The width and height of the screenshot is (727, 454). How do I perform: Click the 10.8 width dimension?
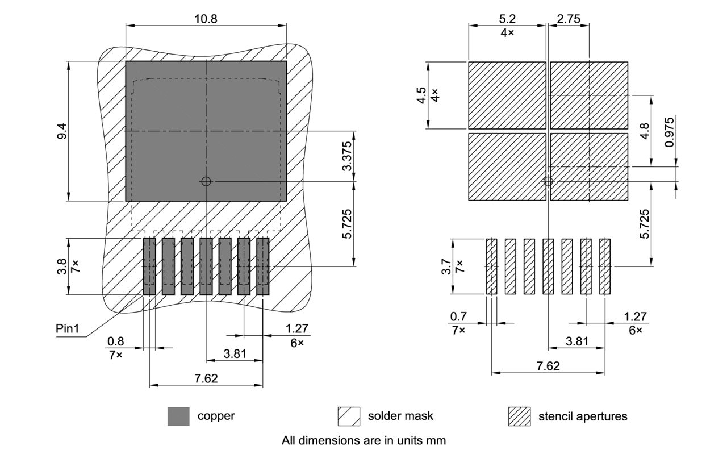click(x=206, y=18)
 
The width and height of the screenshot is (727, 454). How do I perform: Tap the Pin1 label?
click(x=68, y=328)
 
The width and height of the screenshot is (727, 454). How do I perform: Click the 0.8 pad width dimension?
click(x=115, y=341)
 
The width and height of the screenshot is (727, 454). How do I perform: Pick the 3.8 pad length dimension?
click(x=62, y=266)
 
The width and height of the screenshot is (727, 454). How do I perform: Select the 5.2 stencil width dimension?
click(x=507, y=19)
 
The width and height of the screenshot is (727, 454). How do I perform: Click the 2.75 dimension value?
click(x=569, y=19)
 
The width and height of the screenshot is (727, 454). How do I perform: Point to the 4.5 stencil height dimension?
click(x=421, y=95)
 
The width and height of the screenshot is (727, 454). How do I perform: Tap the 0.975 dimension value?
click(x=670, y=132)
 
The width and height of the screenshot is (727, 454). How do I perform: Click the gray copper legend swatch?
click(x=178, y=416)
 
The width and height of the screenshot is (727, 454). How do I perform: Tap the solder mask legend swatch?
click(x=349, y=416)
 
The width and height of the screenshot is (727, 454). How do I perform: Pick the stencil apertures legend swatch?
click(x=519, y=416)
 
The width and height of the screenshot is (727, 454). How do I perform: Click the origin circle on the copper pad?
click(x=206, y=181)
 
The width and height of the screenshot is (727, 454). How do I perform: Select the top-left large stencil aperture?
click(x=507, y=95)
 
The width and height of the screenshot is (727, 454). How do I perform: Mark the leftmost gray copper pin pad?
click(x=149, y=266)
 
